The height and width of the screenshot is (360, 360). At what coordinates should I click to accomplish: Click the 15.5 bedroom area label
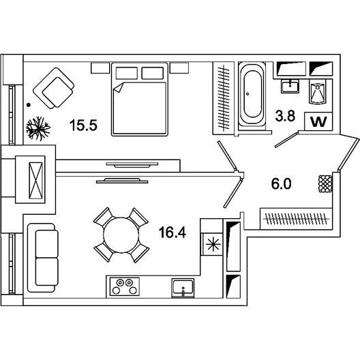83,125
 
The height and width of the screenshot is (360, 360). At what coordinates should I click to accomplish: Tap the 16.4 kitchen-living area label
172,232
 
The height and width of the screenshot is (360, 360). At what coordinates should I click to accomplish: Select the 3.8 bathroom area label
285,115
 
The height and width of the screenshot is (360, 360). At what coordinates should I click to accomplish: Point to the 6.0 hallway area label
281,183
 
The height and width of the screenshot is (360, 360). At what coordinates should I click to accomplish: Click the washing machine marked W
318,121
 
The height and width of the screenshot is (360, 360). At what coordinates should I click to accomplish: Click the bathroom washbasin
290,86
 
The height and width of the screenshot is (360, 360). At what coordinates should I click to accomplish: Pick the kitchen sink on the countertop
183,288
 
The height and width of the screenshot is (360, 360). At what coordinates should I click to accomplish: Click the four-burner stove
125,286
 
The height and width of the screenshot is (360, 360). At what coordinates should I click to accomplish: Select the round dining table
121,235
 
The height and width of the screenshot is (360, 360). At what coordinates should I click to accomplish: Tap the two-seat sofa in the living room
43,258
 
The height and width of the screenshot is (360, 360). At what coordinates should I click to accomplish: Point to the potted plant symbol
37,129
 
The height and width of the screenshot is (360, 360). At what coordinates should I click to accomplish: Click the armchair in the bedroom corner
54,88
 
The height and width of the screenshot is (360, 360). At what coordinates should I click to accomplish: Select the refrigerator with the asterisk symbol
213,244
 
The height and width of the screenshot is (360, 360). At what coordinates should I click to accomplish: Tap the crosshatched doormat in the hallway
325,183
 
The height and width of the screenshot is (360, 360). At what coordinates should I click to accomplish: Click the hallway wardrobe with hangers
296,219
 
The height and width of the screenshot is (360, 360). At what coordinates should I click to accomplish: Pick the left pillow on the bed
127,73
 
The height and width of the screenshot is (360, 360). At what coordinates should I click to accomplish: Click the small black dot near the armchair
29,105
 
